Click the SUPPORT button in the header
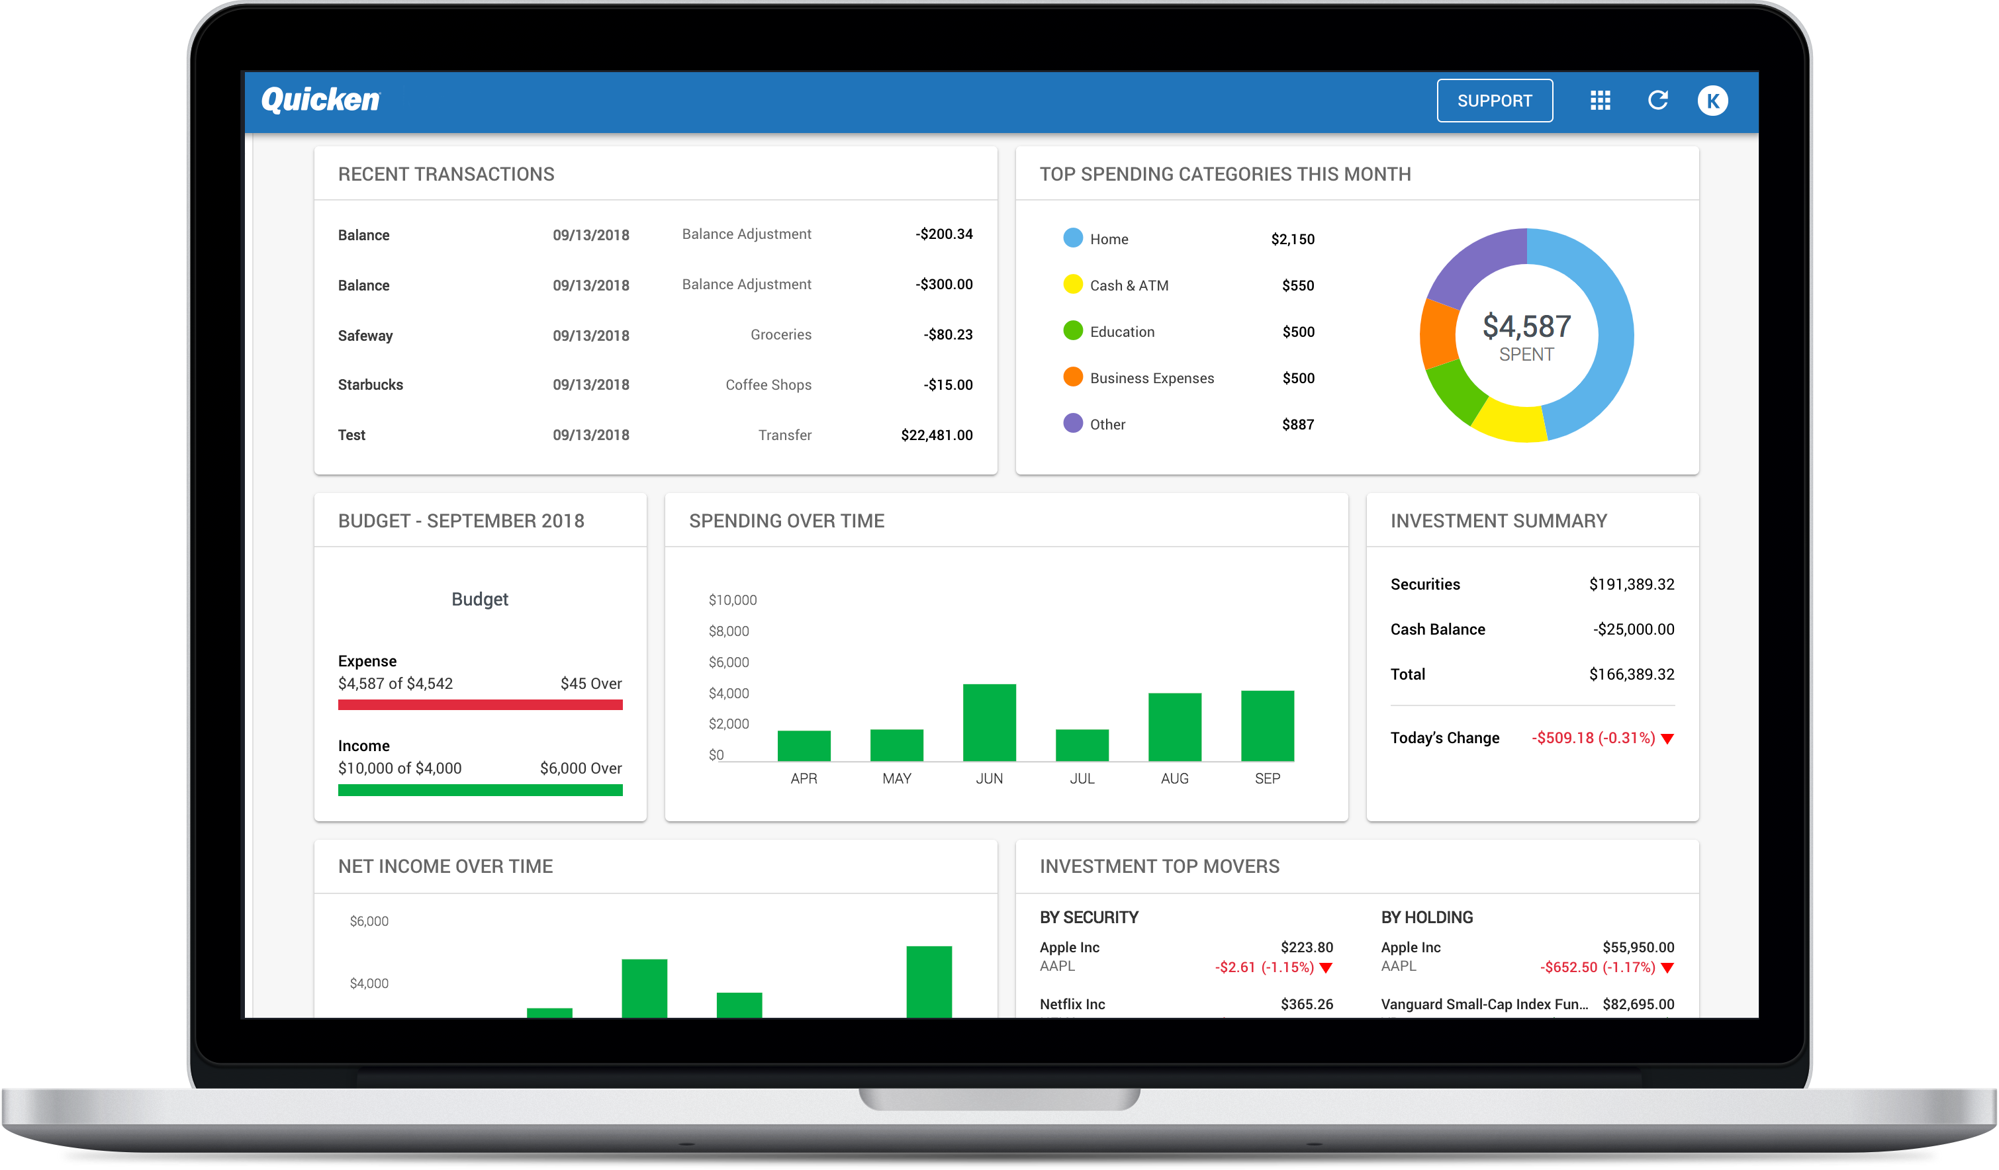[1494, 101]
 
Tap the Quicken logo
[320, 100]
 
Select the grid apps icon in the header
[1600, 100]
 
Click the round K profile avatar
[1712, 101]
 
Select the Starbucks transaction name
[371, 384]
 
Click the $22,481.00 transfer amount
[936, 435]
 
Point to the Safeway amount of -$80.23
[947, 335]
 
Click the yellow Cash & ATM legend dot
[1072, 284]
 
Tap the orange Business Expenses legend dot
[1072, 377]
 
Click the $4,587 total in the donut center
[1526, 326]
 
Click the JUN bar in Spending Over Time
[988, 722]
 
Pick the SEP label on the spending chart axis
[1267, 778]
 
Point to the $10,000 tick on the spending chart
[732, 600]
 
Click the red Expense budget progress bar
[480, 704]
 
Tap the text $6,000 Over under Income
[581, 768]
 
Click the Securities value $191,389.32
[1631, 584]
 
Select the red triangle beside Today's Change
[1667, 739]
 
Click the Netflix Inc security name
[1072, 1004]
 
